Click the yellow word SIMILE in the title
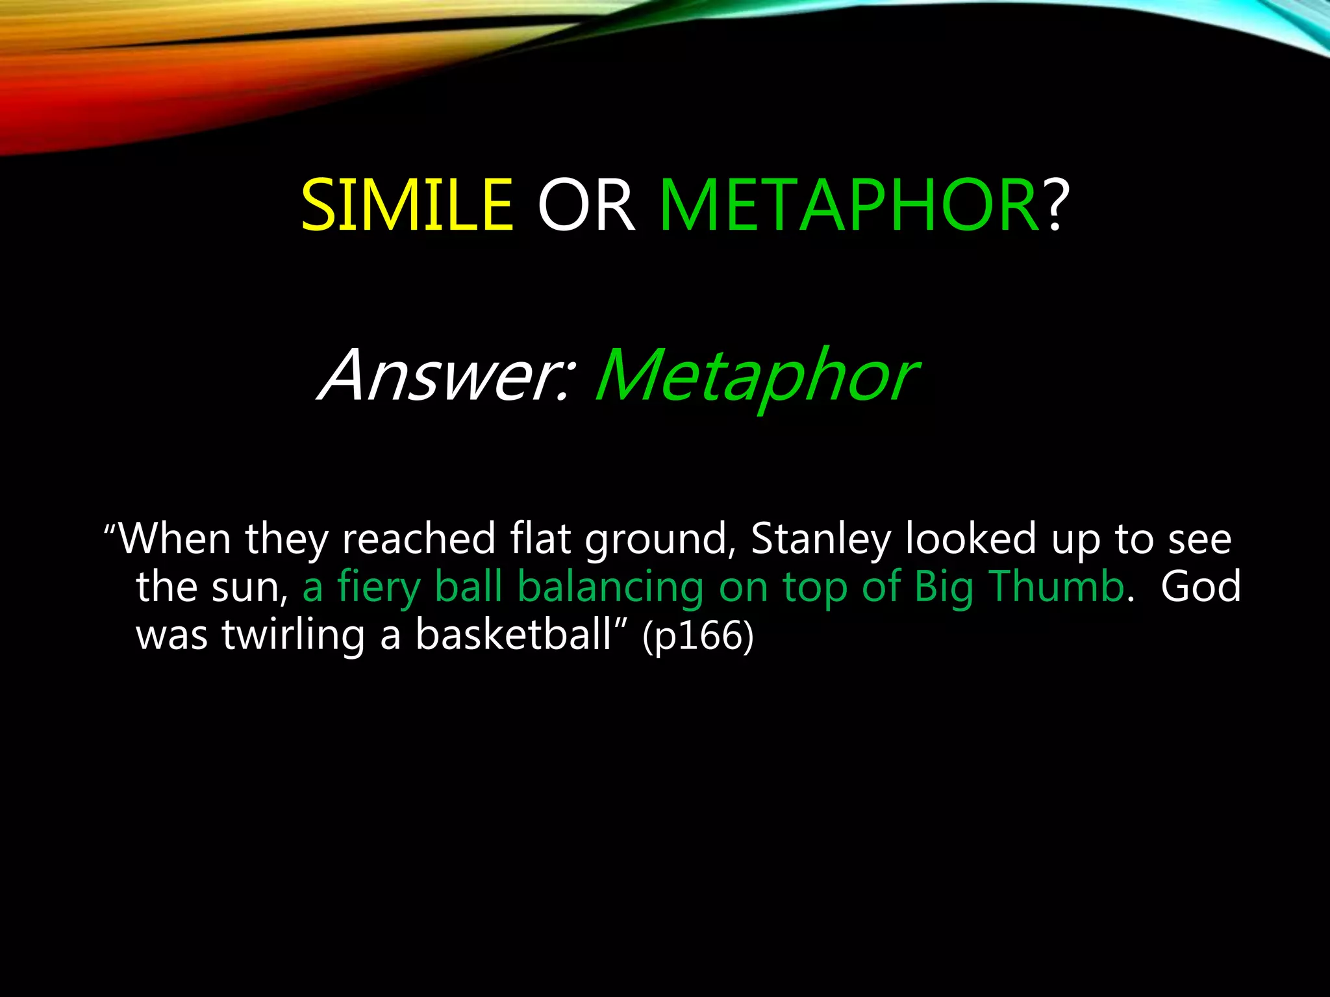[407, 206]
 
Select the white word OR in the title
[586, 206]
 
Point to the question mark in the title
[1055, 206]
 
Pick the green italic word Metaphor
[755, 376]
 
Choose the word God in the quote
[1200, 586]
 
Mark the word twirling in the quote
[293, 635]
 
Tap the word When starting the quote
[175, 539]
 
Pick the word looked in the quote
[970, 539]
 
